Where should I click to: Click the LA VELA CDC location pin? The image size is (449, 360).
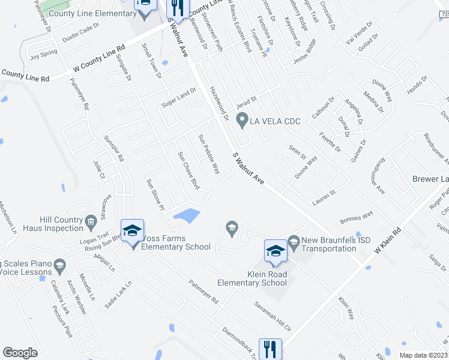click(x=242, y=121)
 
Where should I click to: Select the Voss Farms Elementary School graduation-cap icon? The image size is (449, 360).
click(x=132, y=231)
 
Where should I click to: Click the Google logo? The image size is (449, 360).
click(x=20, y=352)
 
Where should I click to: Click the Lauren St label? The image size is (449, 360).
click(x=324, y=196)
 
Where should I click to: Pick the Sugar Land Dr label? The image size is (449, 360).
click(x=179, y=97)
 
